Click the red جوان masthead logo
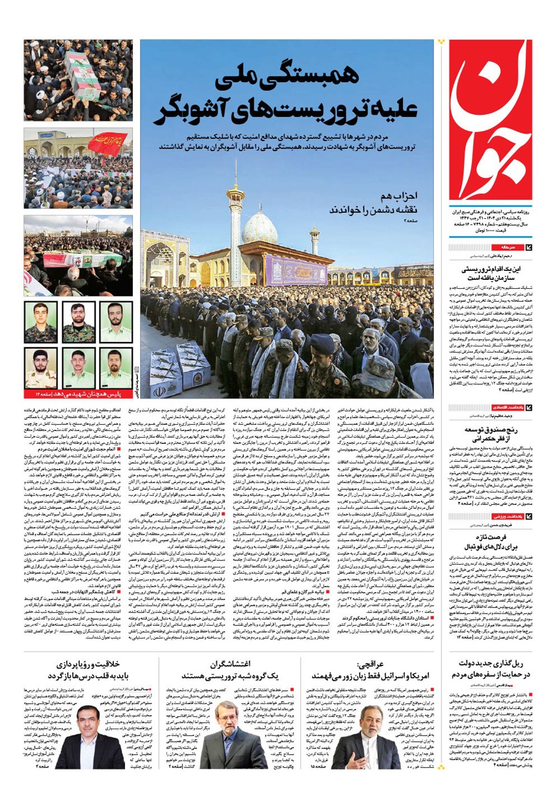click(x=490, y=119)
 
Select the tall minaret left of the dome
click(x=235, y=217)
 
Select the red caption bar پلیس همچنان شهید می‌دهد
click(x=78, y=394)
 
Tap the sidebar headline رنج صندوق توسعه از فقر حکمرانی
click(x=491, y=435)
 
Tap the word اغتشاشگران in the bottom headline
click(x=230, y=664)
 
